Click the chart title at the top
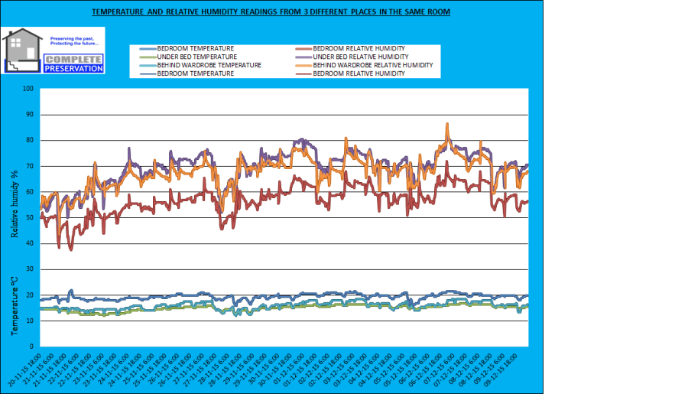[x=271, y=12]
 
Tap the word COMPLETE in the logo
[x=73, y=59]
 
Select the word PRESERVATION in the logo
[x=73, y=68]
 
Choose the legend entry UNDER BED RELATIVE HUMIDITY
[x=361, y=57]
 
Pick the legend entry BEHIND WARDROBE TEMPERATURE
[x=209, y=65]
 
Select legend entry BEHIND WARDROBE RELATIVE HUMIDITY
[x=373, y=65]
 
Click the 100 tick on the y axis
[x=28, y=89]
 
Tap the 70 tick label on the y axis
[x=30, y=166]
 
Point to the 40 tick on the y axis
[x=30, y=243]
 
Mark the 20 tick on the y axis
[x=30, y=295]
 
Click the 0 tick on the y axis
[x=32, y=347]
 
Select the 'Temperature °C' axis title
[x=15, y=305]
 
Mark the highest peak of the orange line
[x=447, y=124]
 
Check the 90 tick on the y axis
[x=30, y=115]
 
